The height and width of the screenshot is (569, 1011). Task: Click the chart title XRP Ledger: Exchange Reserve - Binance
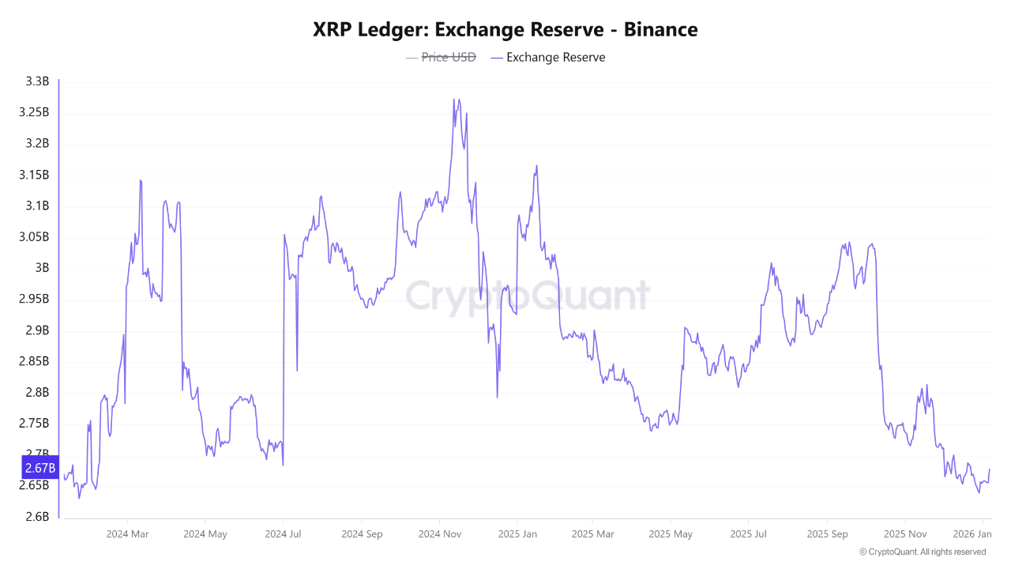coord(505,29)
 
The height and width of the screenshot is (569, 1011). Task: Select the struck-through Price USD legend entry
coord(448,57)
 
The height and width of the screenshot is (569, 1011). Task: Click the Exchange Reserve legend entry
coord(555,57)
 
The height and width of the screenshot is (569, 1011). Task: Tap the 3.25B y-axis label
coord(34,112)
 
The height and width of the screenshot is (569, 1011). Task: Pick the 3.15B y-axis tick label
coord(34,175)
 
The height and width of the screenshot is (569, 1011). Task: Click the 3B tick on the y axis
coord(41,268)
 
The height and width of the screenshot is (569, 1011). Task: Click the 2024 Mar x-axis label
coord(127,534)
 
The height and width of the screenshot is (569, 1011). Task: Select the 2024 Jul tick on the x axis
coord(283,534)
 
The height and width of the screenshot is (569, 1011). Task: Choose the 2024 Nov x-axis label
coord(439,534)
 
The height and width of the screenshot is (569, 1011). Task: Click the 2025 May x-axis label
coord(670,534)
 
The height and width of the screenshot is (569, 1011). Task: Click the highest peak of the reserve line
coord(454,100)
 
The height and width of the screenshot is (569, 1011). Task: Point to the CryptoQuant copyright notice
coord(922,552)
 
